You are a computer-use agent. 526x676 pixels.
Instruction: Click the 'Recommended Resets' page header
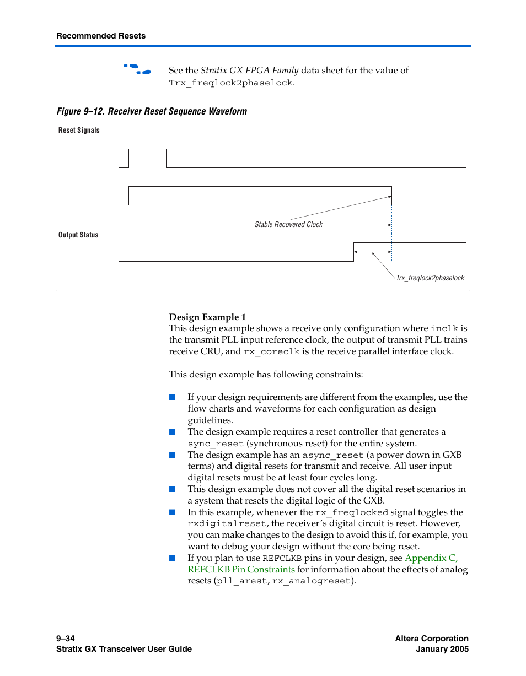coord(101,36)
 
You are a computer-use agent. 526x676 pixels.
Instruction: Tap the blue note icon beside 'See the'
coord(137,69)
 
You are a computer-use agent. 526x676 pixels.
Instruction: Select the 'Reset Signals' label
coord(79,131)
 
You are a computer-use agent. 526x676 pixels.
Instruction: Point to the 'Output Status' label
coord(78,235)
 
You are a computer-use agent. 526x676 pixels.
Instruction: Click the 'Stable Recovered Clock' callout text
coord(288,225)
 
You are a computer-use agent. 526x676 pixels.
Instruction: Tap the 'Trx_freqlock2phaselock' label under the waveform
coord(430,278)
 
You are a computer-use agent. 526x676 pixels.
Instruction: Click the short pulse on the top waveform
coord(147,149)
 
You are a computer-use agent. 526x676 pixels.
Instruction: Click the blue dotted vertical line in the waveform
coord(391,231)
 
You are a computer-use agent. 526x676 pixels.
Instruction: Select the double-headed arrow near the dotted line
coord(372,252)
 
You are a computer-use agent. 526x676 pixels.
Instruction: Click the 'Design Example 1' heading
coord(207,317)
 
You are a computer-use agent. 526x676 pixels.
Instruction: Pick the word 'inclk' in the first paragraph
coord(444,328)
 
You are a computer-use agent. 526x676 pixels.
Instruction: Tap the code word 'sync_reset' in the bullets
coord(216,444)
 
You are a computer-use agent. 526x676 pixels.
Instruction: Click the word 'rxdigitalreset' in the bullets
coord(227,523)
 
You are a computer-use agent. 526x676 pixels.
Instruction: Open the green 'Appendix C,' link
coord(431,558)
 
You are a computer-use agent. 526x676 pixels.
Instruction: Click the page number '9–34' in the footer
coord(65,638)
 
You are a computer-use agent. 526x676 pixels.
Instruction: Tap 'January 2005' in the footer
coord(442,649)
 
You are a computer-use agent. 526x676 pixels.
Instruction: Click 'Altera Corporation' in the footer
coord(432,638)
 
